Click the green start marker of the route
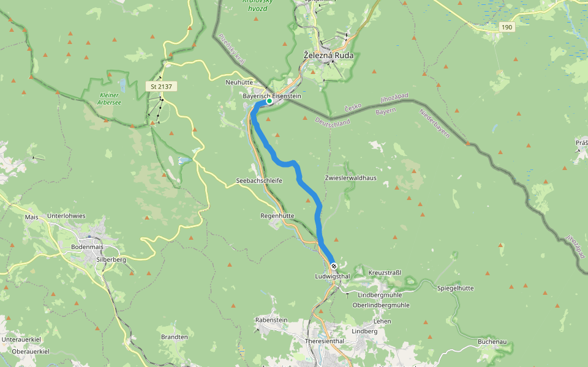pyautogui.click(x=269, y=101)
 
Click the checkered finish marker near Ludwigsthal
pyautogui.click(x=334, y=266)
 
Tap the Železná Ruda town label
pyautogui.click(x=329, y=56)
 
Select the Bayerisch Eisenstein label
pyautogui.click(x=272, y=96)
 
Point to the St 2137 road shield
pyautogui.click(x=161, y=87)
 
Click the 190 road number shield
pyautogui.click(x=506, y=27)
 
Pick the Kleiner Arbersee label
pyautogui.click(x=109, y=98)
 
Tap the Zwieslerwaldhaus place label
pyautogui.click(x=350, y=178)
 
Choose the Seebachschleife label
pyautogui.click(x=259, y=181)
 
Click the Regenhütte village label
pyautogui.click(x=277, y=216)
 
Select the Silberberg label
pyautogui.click(x=111, y=259)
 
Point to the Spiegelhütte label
pyautogui.click(x=456, y=288)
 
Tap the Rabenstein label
pyautogui.click(x=271, y=320)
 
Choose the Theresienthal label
pyautogui.click(x=325, y=341)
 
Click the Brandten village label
pyautogui.click(x=174, y=337)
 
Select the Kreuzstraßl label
pyautogui.click(x=385, y=272)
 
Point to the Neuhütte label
pyautogui.click(x=239, y=82)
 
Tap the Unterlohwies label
pyautogui.click(x=66, y=216)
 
